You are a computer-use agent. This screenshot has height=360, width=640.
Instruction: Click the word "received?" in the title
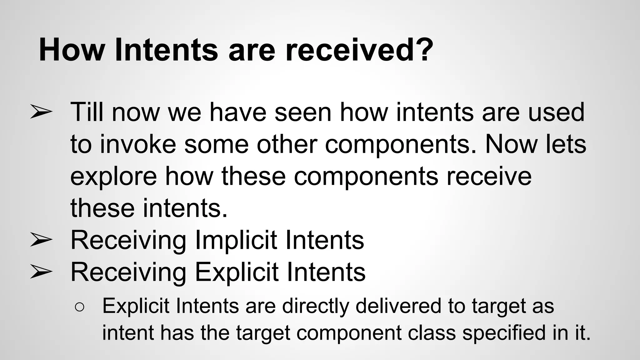coord(359,50)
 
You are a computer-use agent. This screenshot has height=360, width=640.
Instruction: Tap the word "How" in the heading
coord(71,50)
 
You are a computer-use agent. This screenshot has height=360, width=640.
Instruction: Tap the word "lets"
coord(566,144)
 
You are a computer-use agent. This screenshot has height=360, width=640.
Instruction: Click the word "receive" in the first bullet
coord(489,176)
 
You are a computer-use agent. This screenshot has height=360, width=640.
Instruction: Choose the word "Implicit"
coord(236,240)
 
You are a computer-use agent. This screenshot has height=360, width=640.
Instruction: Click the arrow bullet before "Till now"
coord(41,112)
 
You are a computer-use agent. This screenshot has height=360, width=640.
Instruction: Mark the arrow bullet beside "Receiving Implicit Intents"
coord(41,240)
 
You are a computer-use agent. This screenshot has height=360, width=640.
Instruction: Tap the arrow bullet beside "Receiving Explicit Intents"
coord(41,272)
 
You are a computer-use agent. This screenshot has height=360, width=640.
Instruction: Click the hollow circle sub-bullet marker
coord(79,307)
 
